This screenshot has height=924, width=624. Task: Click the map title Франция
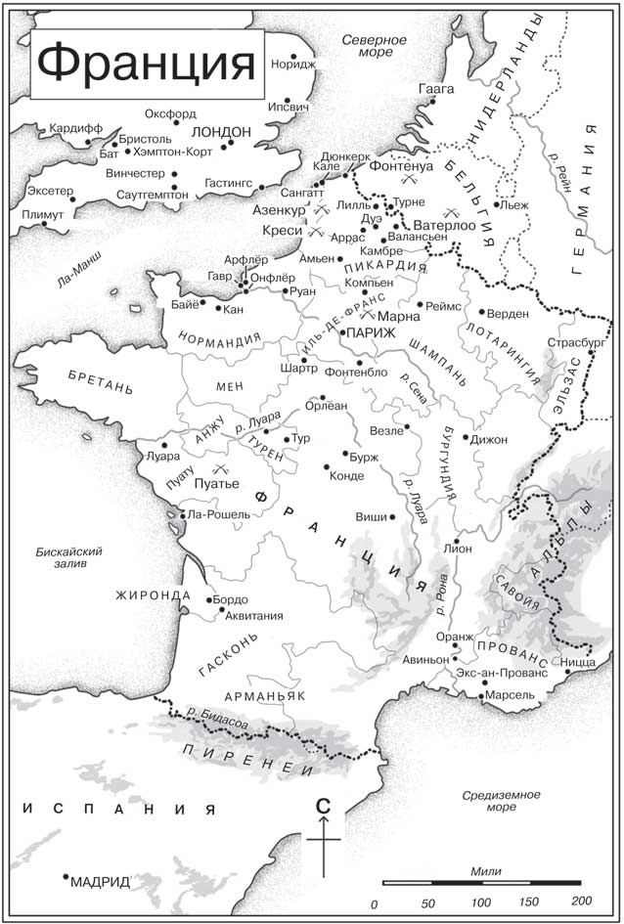[147, 64]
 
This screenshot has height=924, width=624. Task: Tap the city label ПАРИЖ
[371, 333]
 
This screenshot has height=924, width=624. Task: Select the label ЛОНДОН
[222, 131]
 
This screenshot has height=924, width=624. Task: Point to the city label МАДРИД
[101, 881]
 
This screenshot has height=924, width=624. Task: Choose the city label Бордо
[231, 599]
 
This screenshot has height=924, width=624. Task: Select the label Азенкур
[278, 210]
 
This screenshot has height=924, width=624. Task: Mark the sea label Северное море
[374, 46]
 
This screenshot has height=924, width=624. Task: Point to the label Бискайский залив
[67, 556]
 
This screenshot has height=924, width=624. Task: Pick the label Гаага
[436, 88]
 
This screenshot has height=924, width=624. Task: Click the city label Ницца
[579, 662]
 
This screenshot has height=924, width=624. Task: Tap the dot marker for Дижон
[467, 437]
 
